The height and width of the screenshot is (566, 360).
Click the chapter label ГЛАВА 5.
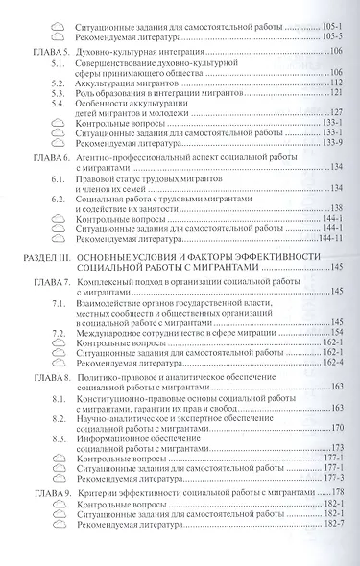[45, 48]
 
